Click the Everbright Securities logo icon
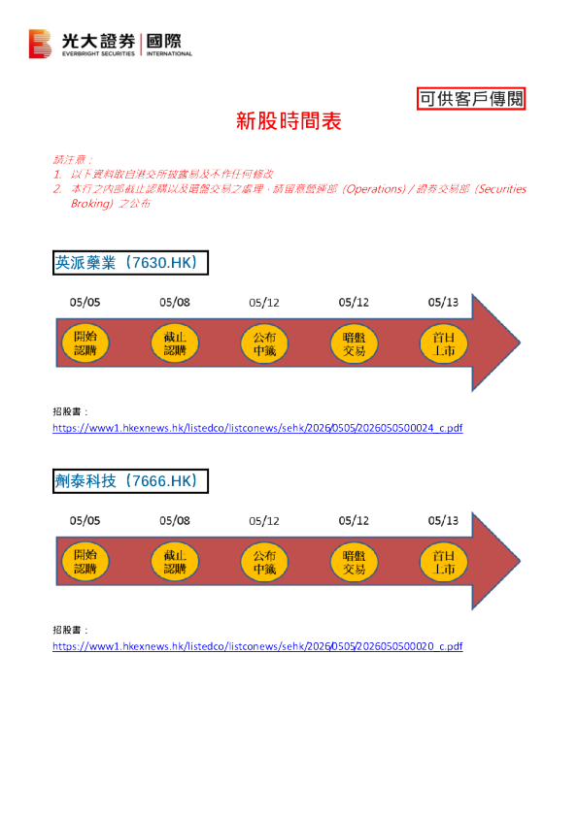(40, 44)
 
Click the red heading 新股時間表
(289, 121)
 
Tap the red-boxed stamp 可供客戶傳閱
(471, 98)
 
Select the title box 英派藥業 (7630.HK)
(130, 263)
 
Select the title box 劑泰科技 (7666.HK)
(130, 481)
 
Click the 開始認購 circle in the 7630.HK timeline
(85, 343)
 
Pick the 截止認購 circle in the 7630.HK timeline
(175, 343)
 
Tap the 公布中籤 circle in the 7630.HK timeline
(264, 343)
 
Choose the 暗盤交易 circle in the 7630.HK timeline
(355, 343)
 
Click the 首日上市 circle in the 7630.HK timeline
(444, 343)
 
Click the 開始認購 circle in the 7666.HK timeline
(85, 561)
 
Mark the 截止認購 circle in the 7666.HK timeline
(175, 561)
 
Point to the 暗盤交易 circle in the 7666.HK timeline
(355, 562)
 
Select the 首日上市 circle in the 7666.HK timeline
(444, 562)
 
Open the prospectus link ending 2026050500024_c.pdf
(257, 428)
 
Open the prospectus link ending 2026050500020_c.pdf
(257, 646)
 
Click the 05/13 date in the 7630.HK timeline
(443, 302)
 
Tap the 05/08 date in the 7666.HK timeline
(175, 520)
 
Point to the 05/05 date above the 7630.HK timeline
(85, 302)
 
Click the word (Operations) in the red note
(374, 188)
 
